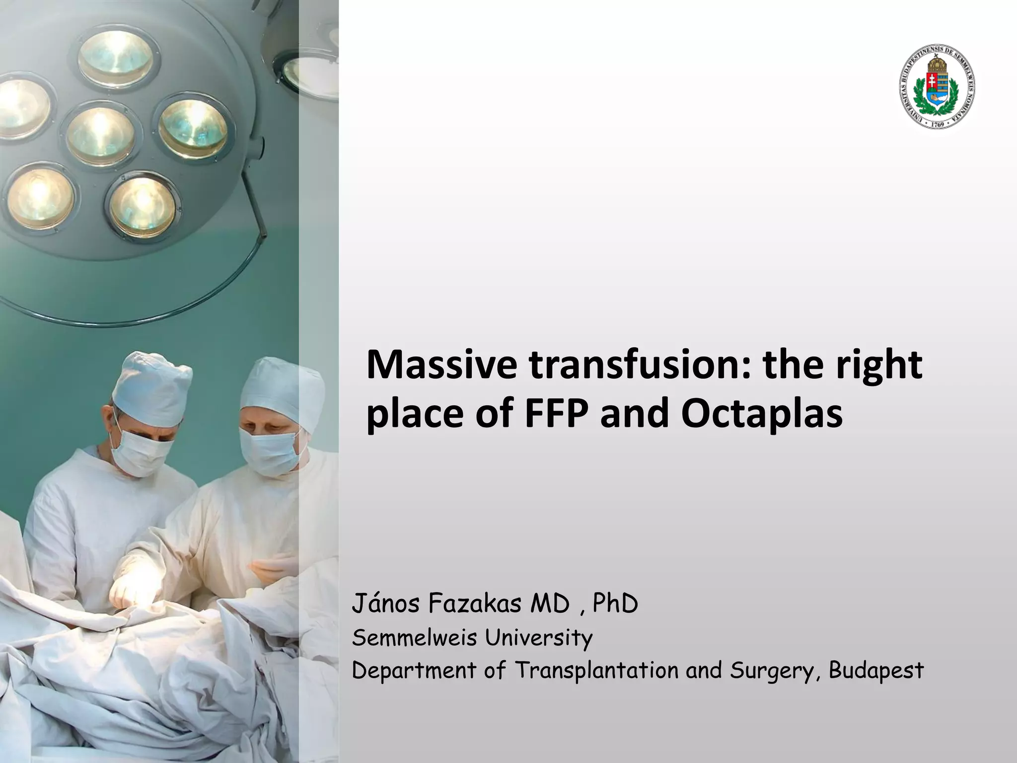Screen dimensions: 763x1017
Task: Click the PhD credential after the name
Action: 615,605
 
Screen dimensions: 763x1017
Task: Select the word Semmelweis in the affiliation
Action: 415,637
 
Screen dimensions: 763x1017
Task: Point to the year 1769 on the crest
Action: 937,125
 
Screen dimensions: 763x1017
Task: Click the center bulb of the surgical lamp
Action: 101,133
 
